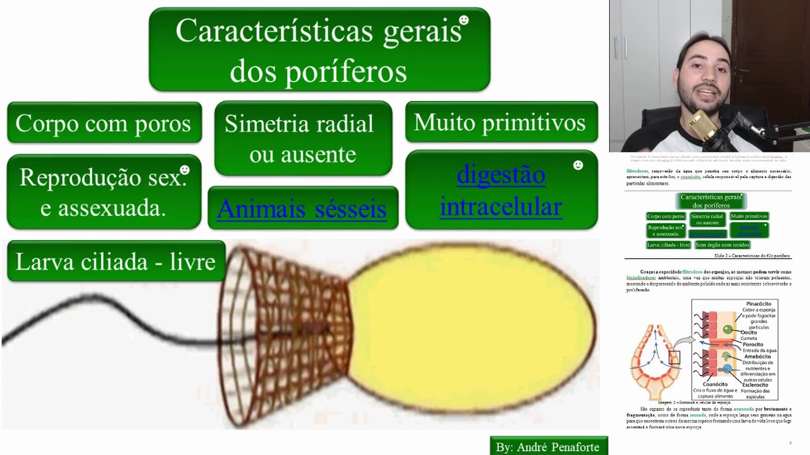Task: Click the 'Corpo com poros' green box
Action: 104,123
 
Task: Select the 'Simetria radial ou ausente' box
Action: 302,138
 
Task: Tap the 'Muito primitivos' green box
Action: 501,123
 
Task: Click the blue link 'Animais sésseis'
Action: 302,209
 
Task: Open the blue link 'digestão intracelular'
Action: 501,191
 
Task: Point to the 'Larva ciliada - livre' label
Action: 116,262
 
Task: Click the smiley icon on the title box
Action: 464,20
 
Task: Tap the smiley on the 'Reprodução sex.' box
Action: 185,170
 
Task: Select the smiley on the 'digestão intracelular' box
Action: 578,165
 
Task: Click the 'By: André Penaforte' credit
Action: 548,447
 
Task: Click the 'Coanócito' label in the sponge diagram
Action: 715,384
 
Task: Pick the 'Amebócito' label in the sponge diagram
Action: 757,356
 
